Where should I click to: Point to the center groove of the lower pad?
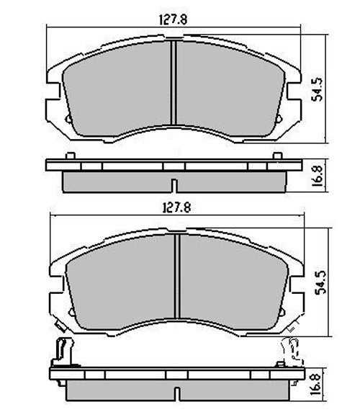[x=176, y=277]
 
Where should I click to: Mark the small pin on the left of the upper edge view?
[x=68, y=156]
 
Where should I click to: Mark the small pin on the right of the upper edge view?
[x=281, y=156]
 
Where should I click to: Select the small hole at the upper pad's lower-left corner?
[x=68, y=119]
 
